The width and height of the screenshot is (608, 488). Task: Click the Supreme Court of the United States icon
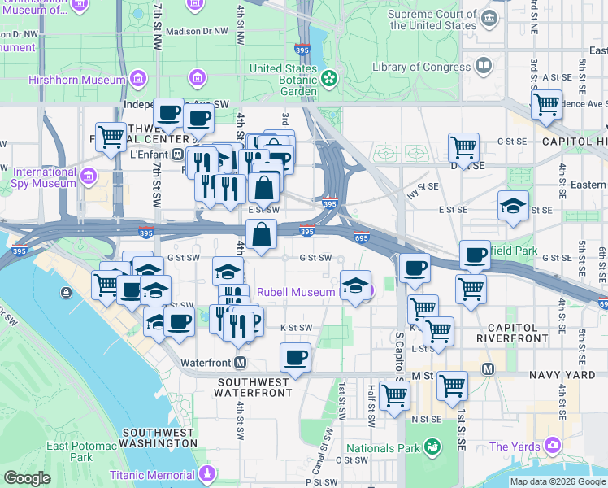pyautogui.click(x=488, y=18)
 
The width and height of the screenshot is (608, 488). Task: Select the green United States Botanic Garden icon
pyautogui.click(x=329, y=79)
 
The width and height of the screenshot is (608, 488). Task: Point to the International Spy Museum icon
pyautogui.click(x=88, y=176)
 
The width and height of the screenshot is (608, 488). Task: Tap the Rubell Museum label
pyautogui.click(x=296, y=292)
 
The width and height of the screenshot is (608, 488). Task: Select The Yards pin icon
pyautogui.click(x=553, y=446)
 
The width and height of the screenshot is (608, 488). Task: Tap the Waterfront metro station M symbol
pyautogui.click(x=241, y=363)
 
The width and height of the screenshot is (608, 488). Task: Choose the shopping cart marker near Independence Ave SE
pyautogui.click(x=545, y=104)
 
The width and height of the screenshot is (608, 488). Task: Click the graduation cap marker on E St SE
pyautogui.click(x=513, y=205)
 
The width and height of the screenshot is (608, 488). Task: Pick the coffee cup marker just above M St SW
pyautogui.click(x=295, y=356)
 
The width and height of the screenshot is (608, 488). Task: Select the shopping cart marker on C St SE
pyautogui.click(x=463, y=148)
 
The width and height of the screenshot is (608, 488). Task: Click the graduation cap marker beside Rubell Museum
pyautogui.click(x=354, y=285)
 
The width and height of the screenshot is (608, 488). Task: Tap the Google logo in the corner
pyautogui.click(x=27, y=478)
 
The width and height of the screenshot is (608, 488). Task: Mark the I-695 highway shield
pyautogui.click(x=362, y=237)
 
